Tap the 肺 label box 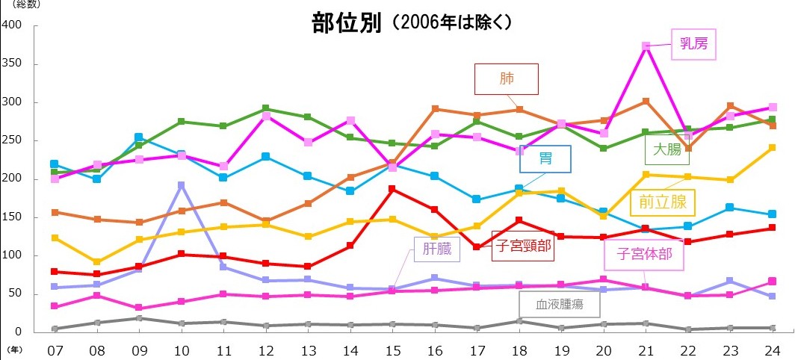point(507,78)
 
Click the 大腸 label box point(667,149)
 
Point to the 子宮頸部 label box point(523,249)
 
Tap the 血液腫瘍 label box point(559,305)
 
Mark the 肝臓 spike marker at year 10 point(180,185)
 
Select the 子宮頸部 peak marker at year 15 point(392,189)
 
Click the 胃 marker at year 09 point(138,137)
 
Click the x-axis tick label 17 point(477,350)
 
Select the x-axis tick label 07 point(54,350)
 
